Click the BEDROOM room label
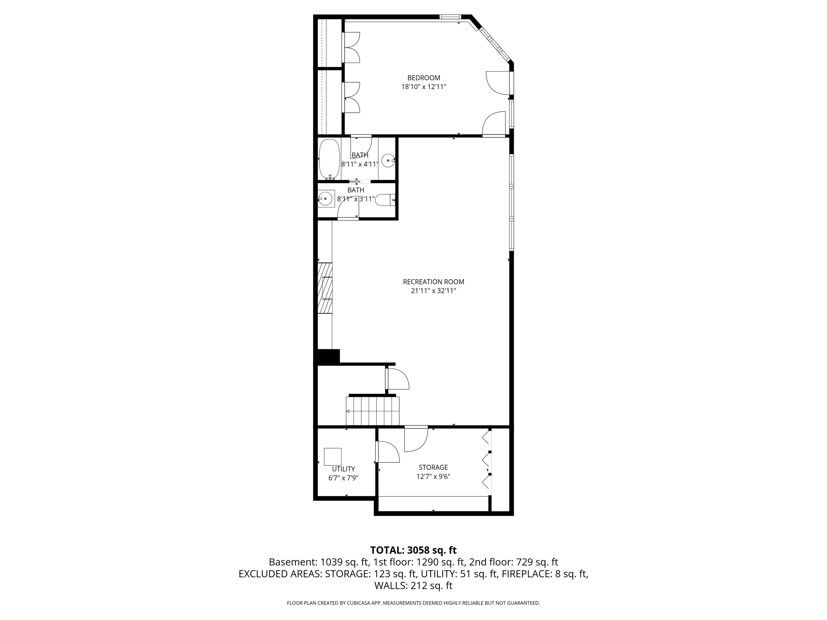tap(423, 78)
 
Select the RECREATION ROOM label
tap(433, 282)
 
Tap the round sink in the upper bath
tap(388, 161)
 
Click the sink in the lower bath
tap(326, 198)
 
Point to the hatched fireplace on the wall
tap(325, 288)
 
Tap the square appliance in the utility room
tap(332, 456)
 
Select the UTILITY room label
tap(343, 469)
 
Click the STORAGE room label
tap(433, 467)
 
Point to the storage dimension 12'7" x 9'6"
tap(433, 477)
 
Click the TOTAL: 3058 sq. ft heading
tap(413, 550)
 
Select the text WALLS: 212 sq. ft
tap(413, 586)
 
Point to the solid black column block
tap(328, 356)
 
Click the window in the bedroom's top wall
tap(450, 16)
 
